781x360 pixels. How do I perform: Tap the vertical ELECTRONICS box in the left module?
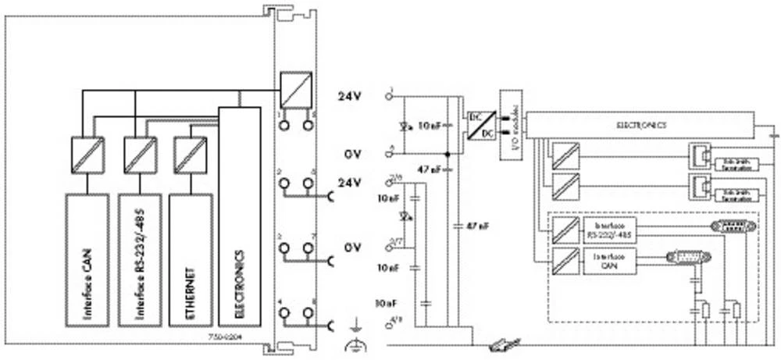pos(240,216)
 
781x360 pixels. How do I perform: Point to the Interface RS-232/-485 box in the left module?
pos(139,258)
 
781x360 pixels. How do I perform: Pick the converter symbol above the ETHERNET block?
pos(189,150)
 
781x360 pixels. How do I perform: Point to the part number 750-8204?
pos(223,337)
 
